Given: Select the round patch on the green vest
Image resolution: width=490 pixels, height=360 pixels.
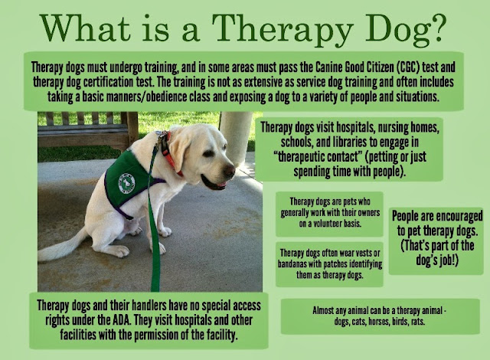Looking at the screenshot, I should click(126, 182).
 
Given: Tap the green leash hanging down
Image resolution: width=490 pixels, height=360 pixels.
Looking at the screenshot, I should click(155, 230).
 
